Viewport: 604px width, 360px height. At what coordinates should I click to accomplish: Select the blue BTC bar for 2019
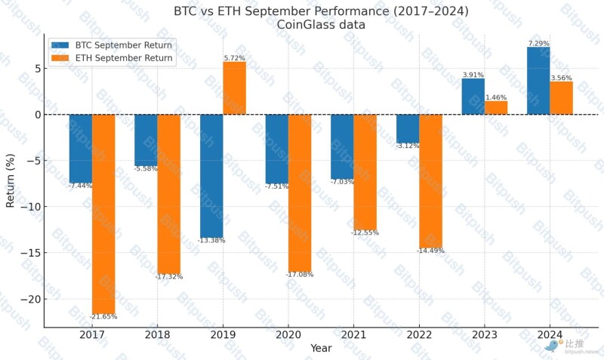[x=211, y=176]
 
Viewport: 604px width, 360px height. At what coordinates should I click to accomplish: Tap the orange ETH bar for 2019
[x=234, y=88]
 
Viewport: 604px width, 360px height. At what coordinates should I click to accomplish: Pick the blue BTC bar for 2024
[x=538, y=81]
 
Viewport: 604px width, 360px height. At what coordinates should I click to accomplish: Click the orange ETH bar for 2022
[x=431, y=181]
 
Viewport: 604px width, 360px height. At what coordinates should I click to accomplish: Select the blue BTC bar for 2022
[x=408, y=128]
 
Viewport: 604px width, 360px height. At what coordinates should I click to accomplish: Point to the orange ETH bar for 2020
[x=300, y=192]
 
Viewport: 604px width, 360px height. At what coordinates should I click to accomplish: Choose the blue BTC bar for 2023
[x=473, y=97]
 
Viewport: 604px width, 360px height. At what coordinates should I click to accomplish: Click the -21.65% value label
[x=103, y=316]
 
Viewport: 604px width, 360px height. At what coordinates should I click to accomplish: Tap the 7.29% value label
[x=538, y=43]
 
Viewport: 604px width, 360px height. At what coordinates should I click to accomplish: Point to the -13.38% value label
[x=211, y=240]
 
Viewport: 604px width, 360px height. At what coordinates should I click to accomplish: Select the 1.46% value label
[x=495, y=97]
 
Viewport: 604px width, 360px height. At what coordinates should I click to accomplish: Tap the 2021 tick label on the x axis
[x=353, y=334]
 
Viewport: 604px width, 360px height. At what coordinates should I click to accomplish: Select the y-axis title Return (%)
[x=11, y=180]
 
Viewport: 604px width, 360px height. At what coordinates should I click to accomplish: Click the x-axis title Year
[x=320, y=349]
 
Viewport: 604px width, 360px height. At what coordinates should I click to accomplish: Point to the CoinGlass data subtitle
[x=320, y=25]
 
